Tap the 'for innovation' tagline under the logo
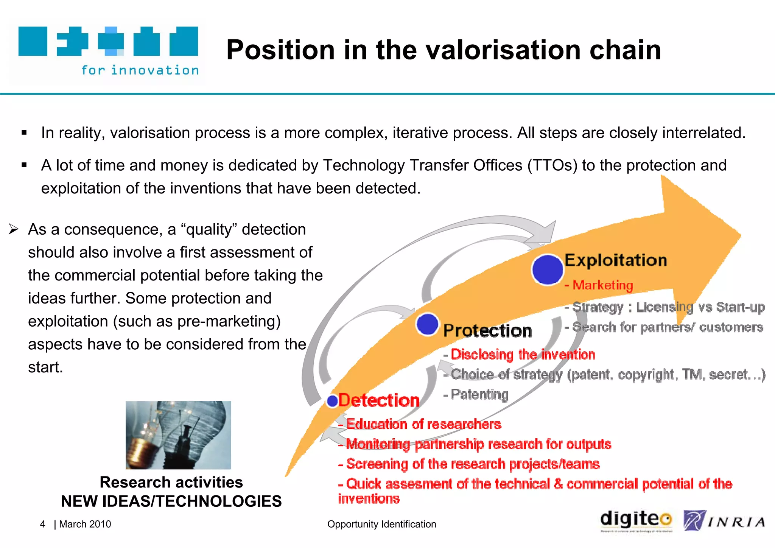[140, 70]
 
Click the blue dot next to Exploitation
[547, 269]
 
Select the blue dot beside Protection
[427, 324]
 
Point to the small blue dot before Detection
[332, 401]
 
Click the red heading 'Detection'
[379, 400]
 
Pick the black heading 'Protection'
[487, 331]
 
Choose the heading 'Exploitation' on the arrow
[616, 260]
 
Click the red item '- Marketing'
[599, 285]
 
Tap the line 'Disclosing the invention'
[523, 355]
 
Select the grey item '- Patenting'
[476, 394]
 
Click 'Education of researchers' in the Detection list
[423, 424]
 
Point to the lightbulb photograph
[178, 435]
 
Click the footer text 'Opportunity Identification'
[381, 524]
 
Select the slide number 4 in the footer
[43, 524]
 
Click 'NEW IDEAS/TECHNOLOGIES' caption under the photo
[171, 501]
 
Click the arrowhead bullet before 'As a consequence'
[14, 229]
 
